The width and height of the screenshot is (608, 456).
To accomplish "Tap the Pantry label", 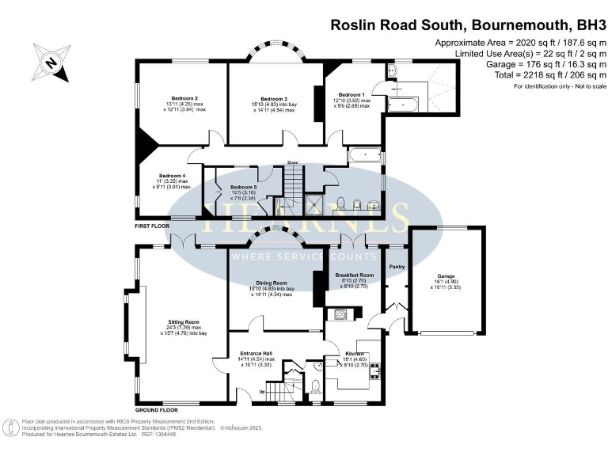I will coord(397,267).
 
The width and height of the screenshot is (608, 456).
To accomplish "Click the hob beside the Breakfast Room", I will coord(343,314).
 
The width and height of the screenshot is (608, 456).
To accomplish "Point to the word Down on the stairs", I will coord(293,163).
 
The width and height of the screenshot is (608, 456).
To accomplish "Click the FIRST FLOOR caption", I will coord(154,226).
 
